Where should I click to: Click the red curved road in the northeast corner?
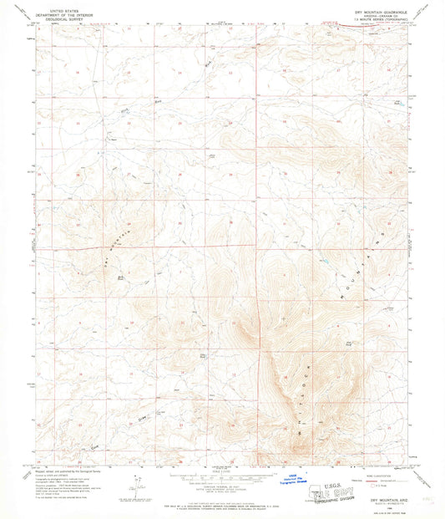(x=351, y=30)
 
